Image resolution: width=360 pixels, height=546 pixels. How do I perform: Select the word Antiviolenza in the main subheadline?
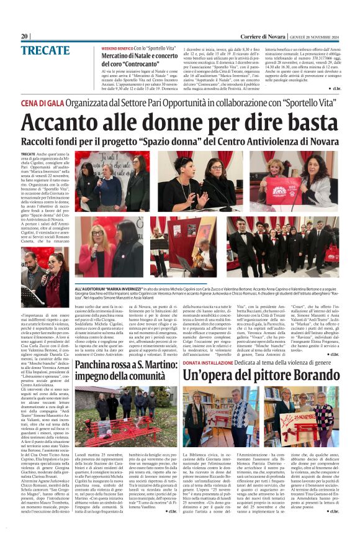258,143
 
